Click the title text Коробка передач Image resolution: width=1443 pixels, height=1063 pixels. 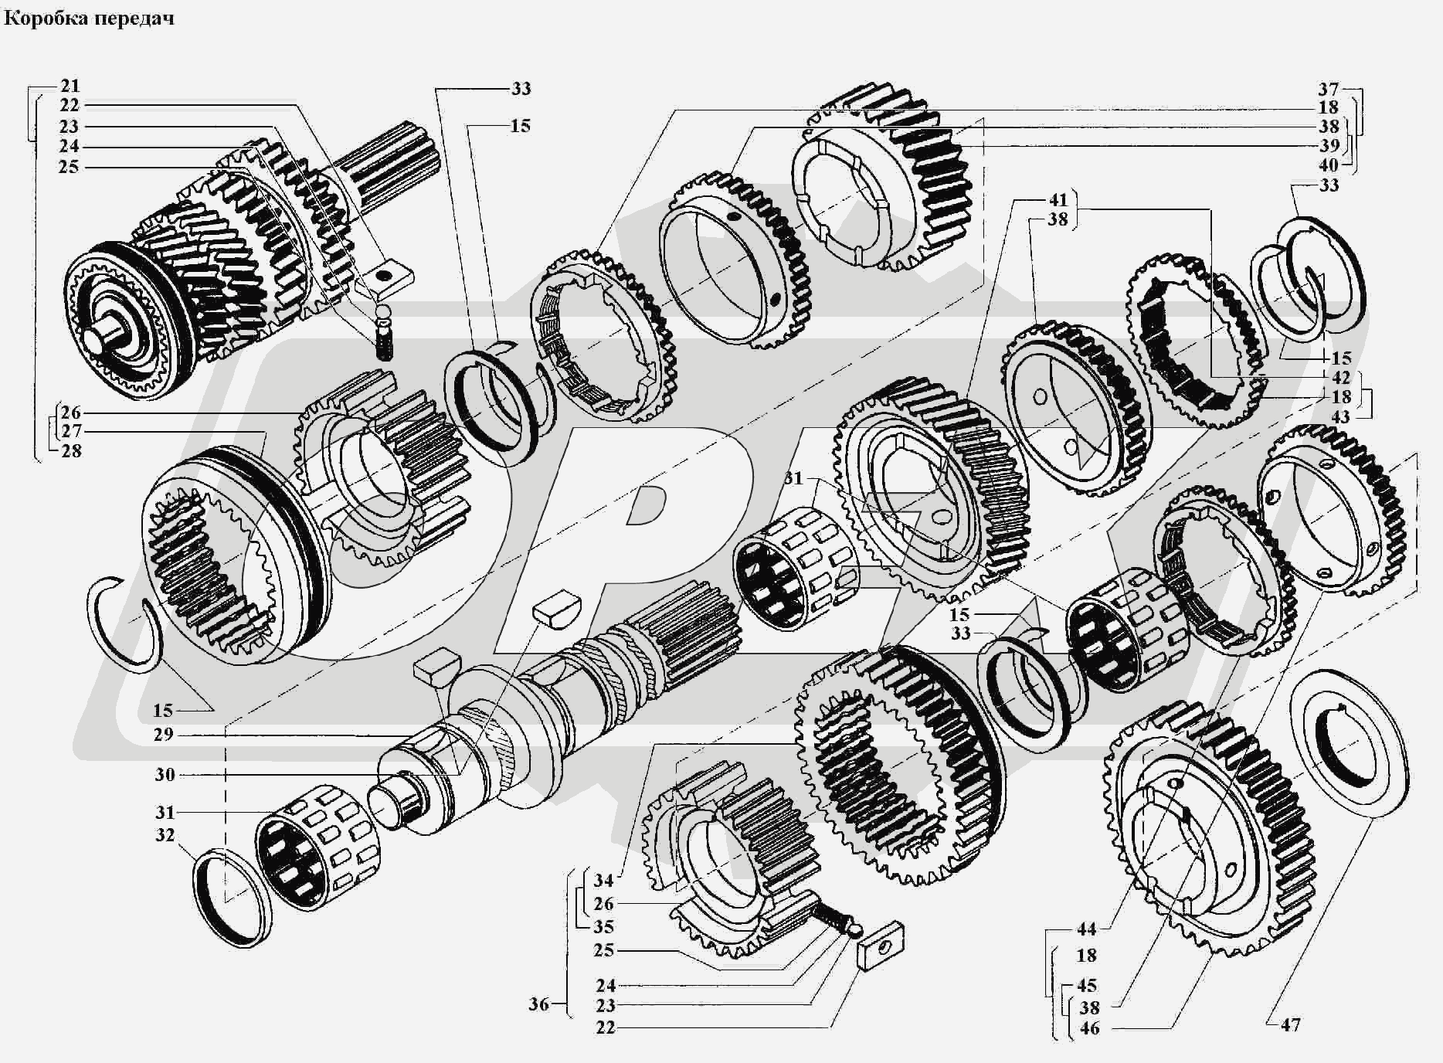pyautogui.click(x=89, y=18)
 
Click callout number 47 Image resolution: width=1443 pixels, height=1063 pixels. pyautogui.click(x=1290, y=1025)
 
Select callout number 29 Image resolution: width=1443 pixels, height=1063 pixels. pyautogui.click(x=163, y=734)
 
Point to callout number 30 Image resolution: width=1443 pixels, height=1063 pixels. pyautogui.click(x=165, y=774)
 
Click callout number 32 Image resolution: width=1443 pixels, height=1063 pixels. pyautogui.click(x=165, y=835)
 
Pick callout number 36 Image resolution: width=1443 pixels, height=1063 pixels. pyautogui.click(x=539, y=1004)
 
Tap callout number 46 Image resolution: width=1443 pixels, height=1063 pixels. pyautogui.click(x=1089, y=1028)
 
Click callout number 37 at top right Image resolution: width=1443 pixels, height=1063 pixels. pyautogui.click(x=1328, y=89)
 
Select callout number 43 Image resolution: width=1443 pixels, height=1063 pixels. pyautogui.click(x=1340, y=416)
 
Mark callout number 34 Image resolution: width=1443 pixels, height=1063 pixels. pyautogui.click(x=603, y=880)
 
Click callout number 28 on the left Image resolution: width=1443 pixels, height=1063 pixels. pyautogui.click(x=70, y=450)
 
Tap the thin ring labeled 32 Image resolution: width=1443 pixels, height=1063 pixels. pyautogui.click(x=233, y=896)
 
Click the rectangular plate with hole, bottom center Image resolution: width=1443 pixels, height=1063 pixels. pyautogui.click(x=881, y=944)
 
